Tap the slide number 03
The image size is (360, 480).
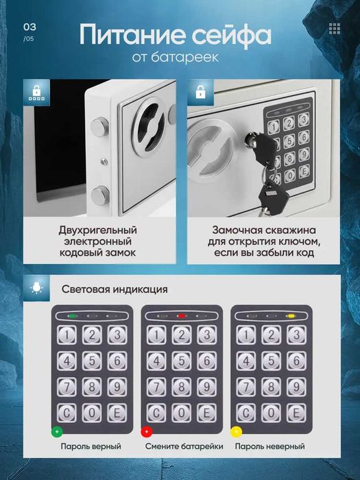click(29, 27)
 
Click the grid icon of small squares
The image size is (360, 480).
click(335, 29)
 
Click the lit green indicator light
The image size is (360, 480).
click(72, 316)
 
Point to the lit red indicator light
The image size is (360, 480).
click(182, 316)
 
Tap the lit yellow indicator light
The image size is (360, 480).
click(291, 316)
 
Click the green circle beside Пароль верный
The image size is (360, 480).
click(57, 431)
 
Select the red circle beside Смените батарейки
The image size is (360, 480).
click(147, 431)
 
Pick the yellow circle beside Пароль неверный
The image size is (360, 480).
click(236, 431)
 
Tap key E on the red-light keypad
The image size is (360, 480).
click(206, 413)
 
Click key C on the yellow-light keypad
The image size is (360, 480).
click(246, 413)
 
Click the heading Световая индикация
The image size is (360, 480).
click(115, 289)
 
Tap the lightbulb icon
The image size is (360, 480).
click(36, 288)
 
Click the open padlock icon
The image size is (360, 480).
click(200, 92)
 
